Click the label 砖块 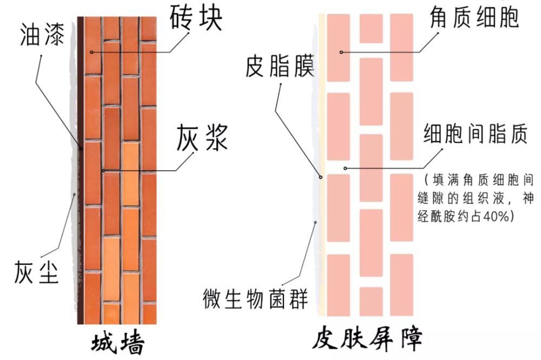tap(196, 18)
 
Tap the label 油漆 tap(42, 35)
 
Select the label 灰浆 tap(202, 137)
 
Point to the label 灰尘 tap(36, 272)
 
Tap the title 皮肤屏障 tap(367, 339)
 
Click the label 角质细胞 tap(474, 17)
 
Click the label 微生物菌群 tap(255, 298)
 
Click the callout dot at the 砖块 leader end tap(92, 52)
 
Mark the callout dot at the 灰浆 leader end tap(103, 171)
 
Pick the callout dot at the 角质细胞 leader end tap(341, 52)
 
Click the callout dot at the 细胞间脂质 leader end tap(345, 168)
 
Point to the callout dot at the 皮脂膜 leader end tap(320, 177)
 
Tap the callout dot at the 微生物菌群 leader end tap(315, 222)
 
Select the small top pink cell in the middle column tap(371, 29)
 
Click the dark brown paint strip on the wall tap(81, 170)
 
